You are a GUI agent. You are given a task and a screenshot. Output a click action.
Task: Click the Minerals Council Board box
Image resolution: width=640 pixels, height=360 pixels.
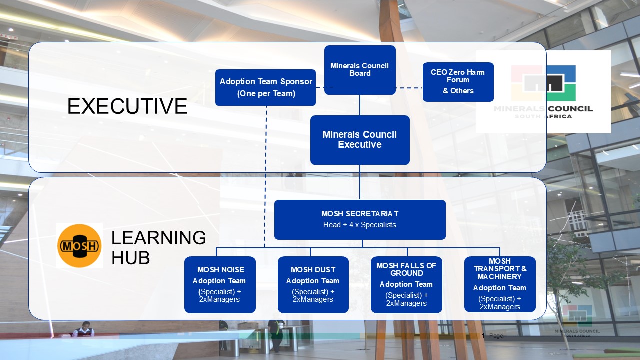coord(360,70)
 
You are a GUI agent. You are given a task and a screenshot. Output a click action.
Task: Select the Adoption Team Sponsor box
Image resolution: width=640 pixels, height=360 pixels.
coord(265,87)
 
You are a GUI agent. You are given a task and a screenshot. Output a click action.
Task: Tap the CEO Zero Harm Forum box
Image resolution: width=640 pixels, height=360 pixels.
coord(458,82)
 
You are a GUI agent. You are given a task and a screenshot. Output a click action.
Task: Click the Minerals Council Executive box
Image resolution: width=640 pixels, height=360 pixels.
coord(360,140)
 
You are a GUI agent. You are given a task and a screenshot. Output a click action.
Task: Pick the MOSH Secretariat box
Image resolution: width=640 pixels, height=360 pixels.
coord(360,220)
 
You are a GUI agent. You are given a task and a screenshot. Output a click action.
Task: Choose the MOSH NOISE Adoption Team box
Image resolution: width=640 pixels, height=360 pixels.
coord(220,285)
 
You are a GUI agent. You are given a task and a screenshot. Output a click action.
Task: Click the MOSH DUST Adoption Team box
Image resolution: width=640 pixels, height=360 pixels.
coord(313,285)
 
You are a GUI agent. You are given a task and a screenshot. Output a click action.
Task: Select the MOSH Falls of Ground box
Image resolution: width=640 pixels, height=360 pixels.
coord(406,285)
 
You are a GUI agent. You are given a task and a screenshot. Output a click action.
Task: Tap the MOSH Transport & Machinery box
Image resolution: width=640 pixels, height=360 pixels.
coord(500,284)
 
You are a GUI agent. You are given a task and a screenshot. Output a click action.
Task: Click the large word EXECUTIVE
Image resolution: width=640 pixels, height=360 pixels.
coord(127,107)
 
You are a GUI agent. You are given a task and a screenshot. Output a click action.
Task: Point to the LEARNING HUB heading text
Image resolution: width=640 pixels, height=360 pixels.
coord(158,248)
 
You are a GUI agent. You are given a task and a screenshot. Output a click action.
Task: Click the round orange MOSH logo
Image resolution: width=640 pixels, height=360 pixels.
coord(79,246)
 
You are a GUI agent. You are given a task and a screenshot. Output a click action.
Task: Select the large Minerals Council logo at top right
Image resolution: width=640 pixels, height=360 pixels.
coord(543,91)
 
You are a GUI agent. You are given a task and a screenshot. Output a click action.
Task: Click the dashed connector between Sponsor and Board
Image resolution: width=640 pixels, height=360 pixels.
coord(320,87)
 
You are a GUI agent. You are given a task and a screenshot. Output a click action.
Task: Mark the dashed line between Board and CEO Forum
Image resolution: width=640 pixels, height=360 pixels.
coord(409,88)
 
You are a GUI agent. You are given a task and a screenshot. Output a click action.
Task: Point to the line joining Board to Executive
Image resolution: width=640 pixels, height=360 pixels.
coord(360,105)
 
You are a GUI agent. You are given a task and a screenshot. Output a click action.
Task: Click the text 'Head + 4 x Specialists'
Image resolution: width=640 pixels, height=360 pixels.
coord(360,225)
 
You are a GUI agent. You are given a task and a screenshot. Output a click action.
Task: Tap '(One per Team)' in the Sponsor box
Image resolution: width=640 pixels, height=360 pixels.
coord(266,93)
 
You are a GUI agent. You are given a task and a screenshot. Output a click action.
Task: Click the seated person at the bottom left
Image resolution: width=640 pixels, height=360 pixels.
coord(84,329)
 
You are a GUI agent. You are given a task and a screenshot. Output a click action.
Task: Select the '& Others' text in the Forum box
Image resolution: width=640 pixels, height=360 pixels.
coord(458,91)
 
